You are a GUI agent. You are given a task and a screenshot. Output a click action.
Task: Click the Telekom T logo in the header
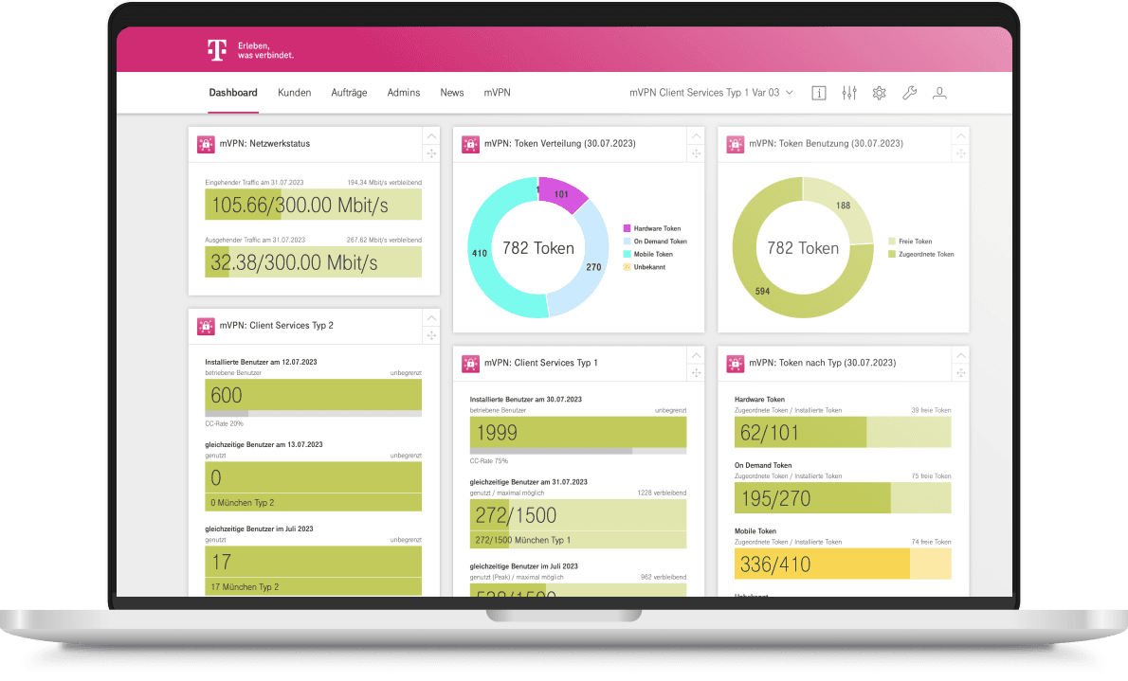click(217, 50)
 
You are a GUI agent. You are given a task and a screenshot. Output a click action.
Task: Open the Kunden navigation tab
click(294, 93)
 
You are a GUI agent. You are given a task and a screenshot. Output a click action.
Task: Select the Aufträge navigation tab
click(349, 93)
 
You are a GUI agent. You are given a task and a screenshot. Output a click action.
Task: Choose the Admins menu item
click(404, 93)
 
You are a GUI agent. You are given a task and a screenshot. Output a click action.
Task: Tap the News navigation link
click(452, 93)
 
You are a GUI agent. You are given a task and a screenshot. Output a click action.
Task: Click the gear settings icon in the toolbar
click(879, 93)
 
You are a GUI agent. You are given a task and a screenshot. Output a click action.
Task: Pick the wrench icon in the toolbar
click(909, 93)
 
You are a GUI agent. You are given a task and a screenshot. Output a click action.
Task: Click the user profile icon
click(939, 93)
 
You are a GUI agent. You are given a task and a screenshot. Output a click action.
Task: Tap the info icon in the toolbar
click(819, 93)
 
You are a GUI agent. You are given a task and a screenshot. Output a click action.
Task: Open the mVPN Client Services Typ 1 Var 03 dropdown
click(711, 93)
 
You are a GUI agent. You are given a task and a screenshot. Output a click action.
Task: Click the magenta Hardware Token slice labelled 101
click(561, 194)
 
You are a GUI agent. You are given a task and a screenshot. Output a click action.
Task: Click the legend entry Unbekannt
click(649, 268)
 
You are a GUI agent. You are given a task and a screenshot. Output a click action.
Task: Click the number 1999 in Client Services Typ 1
click(498, 433)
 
